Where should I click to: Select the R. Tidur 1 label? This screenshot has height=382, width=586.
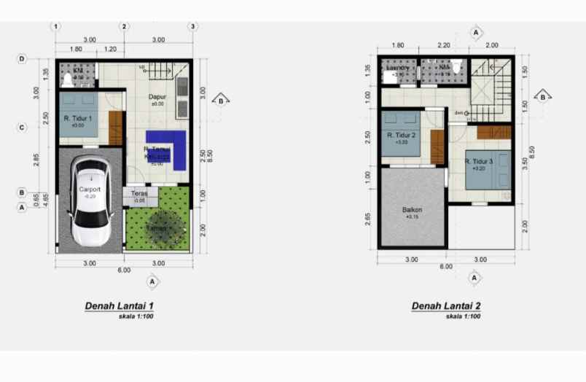point(77,118)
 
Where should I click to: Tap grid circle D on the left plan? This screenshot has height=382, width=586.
point(23,59)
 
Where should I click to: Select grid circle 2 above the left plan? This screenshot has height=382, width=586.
point(125,27)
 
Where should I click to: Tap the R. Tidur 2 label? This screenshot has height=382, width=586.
point(402,136)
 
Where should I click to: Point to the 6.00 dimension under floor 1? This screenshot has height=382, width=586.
point(124,270)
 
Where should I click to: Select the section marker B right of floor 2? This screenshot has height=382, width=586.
point(542,96)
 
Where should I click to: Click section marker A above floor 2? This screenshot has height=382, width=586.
point(475,33)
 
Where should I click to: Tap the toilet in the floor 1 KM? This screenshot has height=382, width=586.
point(68,77)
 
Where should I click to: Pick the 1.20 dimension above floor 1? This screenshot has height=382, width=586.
point(110,49)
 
